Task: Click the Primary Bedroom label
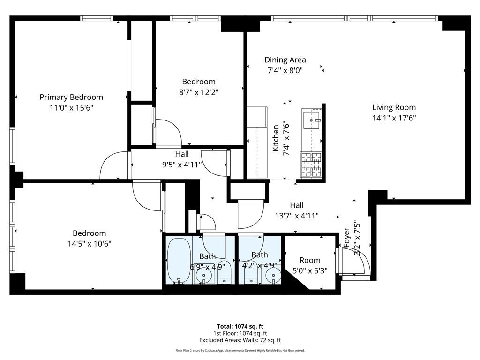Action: pyautogui.click(x=71, y=97)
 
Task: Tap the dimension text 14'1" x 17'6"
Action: pyautogui.click(x=394, y=118)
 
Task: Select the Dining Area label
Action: pyautogui.click(x=285, y=60)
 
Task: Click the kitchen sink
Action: pyautogui.click(x=311, y=120)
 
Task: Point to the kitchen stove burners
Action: pyautogui.click(x=309, y=165)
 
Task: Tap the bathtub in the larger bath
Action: pyautogui.click(x=179, y=261)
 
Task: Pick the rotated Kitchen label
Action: pyautogui.click(x=277, y=138)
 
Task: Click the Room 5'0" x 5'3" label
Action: pyautogui.click(x=310, y=260)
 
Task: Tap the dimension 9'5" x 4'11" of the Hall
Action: pyautogui.click(x=182, y=164)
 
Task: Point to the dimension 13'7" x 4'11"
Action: pyautogui.click(x=297, y=216)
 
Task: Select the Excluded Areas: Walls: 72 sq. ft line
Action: pyautogui.click(x=240, y=340)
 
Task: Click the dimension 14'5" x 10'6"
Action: pyautogui.click(x=89, y=243)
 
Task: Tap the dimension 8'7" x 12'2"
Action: pyautogui.click(x=199, y=92)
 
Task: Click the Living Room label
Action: pyautogui.click(x=394, y=107)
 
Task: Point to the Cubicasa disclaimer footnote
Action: pyautogui.click(x=240, y=350)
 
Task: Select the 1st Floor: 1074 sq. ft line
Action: pyautogui.click(x=240, y=333)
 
